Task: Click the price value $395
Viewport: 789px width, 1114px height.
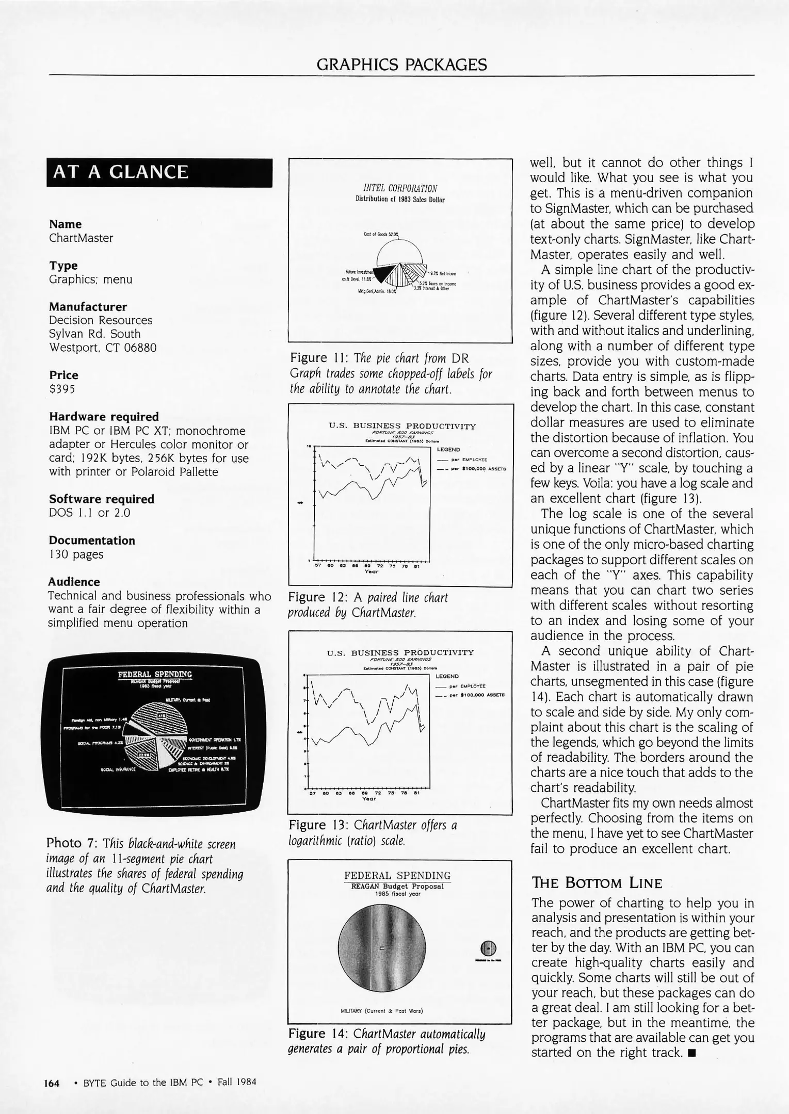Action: click(62, 389)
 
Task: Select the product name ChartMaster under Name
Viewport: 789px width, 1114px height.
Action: click(81, 238)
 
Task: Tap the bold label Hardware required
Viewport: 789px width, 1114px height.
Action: click(104, 416)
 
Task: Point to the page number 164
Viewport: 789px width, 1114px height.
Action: click(52, 1082)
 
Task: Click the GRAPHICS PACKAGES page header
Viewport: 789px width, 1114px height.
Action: click(401, 64)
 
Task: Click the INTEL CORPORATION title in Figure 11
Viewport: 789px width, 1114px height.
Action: click(400, 188)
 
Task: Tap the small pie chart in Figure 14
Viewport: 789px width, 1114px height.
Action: click(488, 948)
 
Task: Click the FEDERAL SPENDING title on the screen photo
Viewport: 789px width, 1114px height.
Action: click(155, 674)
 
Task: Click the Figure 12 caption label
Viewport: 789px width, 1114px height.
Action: click(318, 597)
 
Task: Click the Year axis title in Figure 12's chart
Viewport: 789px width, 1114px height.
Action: click(371, 571)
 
